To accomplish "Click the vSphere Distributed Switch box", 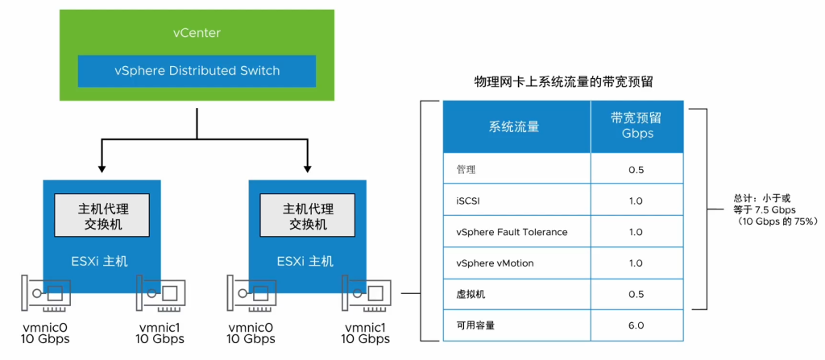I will point(197,71).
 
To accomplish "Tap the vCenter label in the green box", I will point(197,33).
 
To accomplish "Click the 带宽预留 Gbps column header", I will point(636,126).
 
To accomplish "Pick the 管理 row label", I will point(466,170).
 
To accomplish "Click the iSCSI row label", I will point(469,201).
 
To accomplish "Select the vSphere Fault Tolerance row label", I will point(511,232).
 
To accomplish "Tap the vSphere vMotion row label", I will point(494,263).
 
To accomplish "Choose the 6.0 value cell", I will point(636,325).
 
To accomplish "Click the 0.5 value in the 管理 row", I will point(636,170).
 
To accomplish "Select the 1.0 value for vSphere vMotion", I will point(636,263).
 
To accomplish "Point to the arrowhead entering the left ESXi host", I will point(102,168).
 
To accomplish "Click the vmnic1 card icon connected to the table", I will point(367,295).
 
